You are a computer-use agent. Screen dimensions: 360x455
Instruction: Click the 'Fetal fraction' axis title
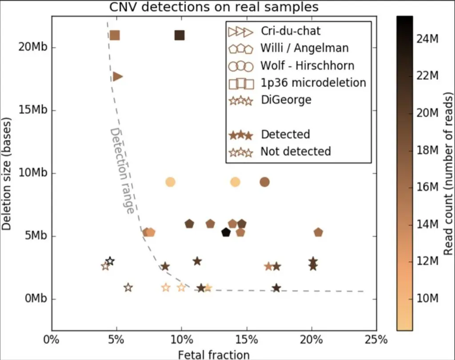(x=213, y=354)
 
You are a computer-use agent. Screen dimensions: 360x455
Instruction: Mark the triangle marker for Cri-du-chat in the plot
(x=118, y=76)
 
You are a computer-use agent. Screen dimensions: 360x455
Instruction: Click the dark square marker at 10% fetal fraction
(x=180, y=35)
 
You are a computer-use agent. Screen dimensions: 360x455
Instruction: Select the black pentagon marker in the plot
(x=226, y=232)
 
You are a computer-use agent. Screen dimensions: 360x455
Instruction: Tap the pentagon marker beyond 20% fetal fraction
(x=318, y=232)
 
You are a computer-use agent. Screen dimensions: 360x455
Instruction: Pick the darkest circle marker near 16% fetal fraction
(x=265, y=182)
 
